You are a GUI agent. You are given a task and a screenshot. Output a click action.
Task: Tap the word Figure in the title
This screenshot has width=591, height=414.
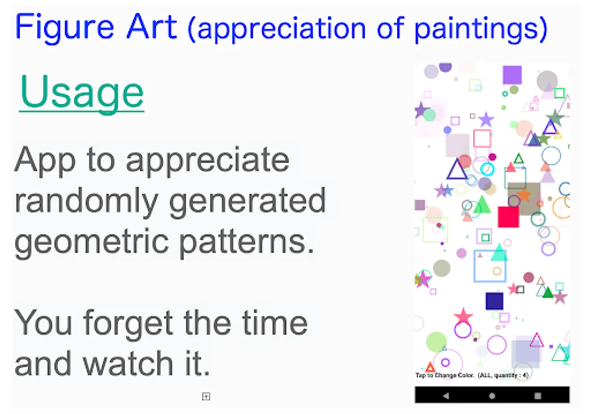pos(64,28)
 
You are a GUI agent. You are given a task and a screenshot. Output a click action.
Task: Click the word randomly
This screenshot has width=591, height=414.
pos(86,202)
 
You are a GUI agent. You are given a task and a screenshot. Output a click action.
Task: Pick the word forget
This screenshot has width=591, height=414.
pos(128,323)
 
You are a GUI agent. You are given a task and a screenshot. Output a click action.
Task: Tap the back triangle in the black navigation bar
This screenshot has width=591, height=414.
pos(446,396)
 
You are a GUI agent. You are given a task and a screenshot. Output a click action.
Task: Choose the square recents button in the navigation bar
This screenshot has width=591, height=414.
pos(538,396)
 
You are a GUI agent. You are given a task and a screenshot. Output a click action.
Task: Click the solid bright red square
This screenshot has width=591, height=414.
pos(508,217)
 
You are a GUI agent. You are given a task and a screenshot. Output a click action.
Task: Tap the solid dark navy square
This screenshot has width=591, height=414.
pos(494,301)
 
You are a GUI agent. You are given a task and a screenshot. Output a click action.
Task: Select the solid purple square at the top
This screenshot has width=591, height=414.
pos(512,75)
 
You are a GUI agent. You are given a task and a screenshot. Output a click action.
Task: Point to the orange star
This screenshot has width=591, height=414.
pos(524,195)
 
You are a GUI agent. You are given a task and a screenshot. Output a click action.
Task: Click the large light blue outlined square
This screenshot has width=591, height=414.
pos(475,266)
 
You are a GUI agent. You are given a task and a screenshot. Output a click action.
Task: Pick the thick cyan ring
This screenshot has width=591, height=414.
pos(487,169)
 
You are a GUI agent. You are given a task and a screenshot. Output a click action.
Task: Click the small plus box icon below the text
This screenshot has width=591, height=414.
pos(206,397)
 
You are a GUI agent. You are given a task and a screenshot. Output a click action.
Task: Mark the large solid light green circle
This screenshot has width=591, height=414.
pos(436,342)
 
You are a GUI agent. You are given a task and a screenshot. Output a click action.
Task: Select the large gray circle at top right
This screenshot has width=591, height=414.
pos(547,81)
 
